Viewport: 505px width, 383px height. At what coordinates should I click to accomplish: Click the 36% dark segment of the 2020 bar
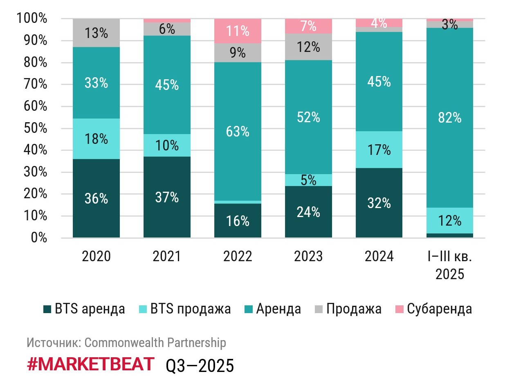coord(96,198)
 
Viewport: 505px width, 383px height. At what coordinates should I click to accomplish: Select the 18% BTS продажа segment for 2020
coord(96,139)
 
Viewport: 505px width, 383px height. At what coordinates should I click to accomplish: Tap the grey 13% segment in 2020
coord(96,33)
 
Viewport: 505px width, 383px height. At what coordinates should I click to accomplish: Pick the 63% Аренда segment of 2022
coord(238,132)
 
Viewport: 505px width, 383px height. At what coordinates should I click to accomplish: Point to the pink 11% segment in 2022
coord(238,31)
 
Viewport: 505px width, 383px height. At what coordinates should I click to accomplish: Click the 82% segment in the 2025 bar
coord(450,118)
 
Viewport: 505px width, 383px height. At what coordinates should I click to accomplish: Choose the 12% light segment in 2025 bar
coord(450,221)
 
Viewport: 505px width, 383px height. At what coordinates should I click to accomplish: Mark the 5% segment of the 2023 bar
coord(308,180)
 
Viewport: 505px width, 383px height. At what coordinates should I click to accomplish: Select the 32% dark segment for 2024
coord(379,203)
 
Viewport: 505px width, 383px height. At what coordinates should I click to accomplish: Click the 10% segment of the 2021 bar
coord(167,145)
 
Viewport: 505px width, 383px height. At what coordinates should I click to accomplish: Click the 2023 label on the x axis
coord(308,256)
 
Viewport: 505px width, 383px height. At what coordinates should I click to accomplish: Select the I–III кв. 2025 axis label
coord(450,265)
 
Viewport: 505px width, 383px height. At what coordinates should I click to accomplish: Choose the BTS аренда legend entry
coord(83,309)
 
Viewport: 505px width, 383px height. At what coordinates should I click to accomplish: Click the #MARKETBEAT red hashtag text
coord(91,364)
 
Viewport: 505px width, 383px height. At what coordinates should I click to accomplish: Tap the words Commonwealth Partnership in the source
coord(155,343)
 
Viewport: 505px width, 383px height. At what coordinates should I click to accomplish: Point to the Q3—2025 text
coord(200,365)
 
